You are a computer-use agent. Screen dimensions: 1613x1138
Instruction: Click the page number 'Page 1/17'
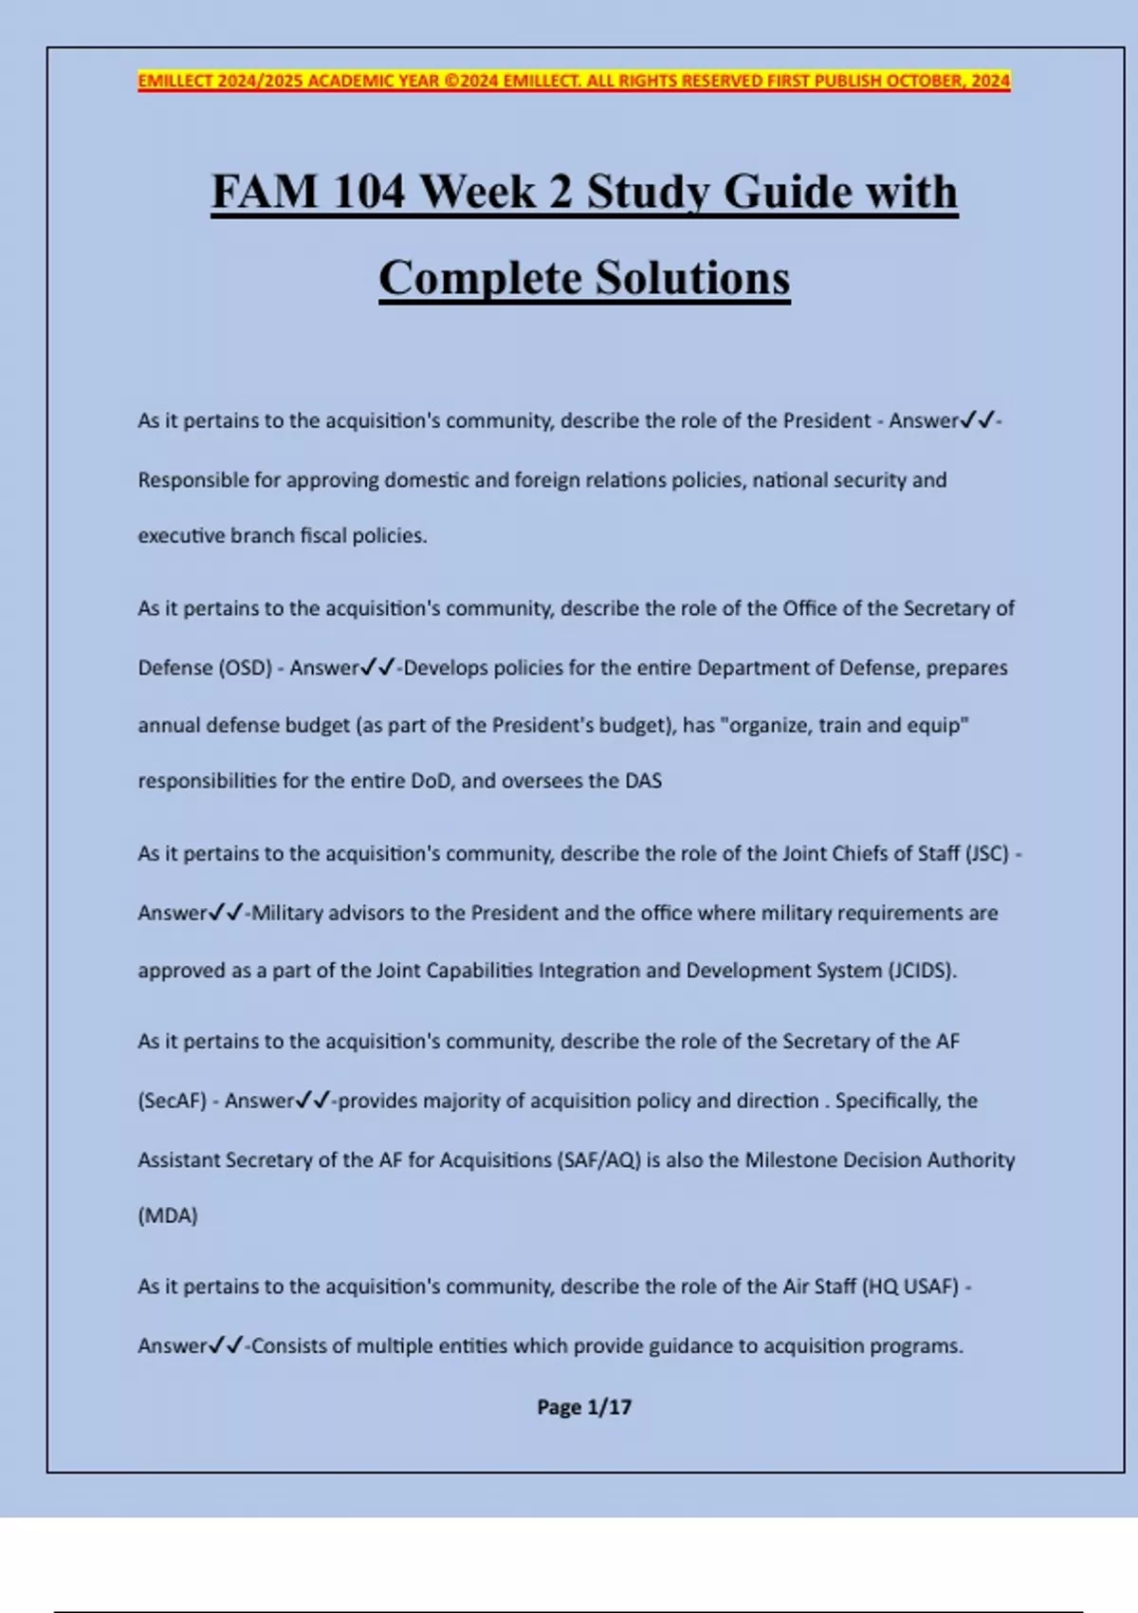583,1407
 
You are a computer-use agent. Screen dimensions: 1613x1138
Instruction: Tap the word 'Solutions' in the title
692,278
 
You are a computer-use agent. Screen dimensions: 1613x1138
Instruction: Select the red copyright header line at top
574,81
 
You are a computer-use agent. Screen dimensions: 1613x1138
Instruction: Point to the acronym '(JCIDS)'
922,971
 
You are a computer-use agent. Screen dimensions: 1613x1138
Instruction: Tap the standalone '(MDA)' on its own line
168,1215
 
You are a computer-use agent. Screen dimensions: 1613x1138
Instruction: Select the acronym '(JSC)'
987,853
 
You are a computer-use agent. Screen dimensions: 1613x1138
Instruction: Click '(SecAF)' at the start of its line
172,1101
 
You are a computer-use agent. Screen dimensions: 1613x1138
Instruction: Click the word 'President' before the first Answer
826,420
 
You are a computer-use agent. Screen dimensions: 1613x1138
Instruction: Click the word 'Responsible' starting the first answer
193,480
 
